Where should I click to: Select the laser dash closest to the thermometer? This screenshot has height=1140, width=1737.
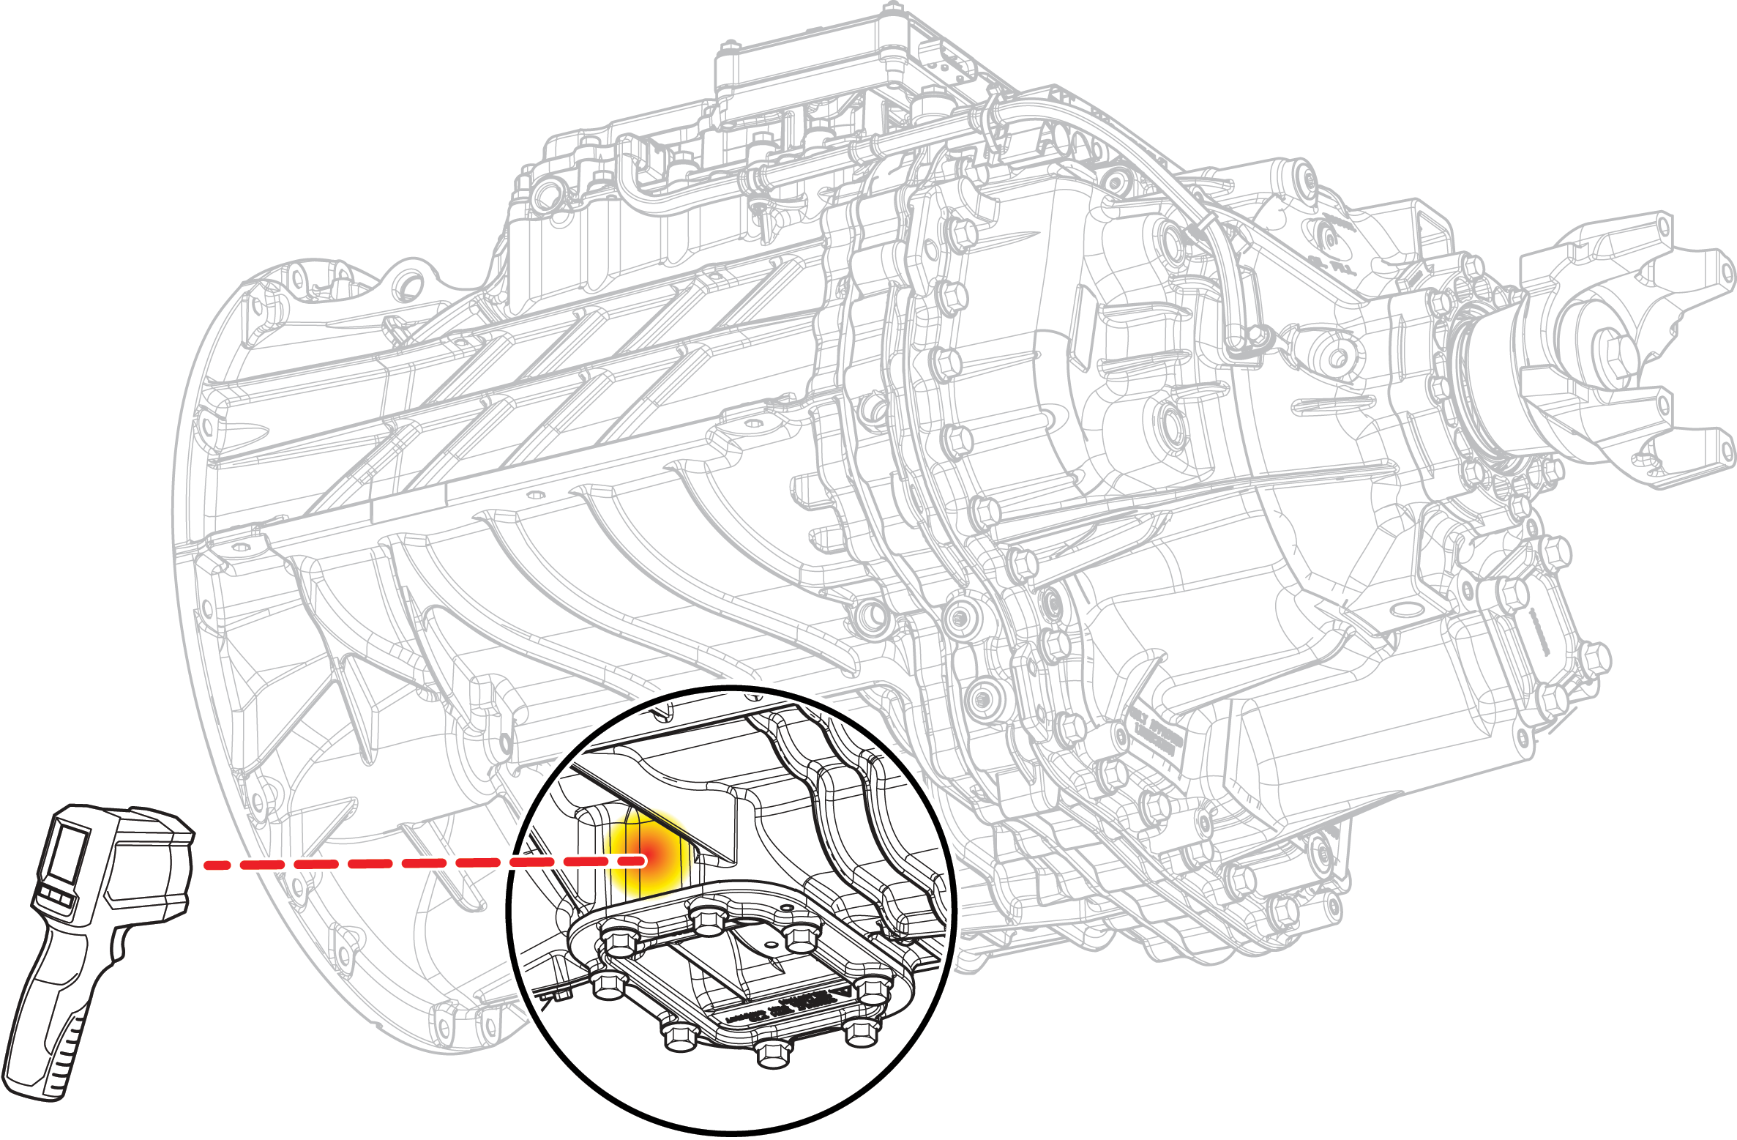coord(217,865)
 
